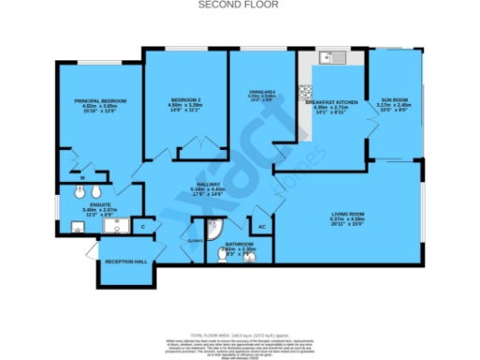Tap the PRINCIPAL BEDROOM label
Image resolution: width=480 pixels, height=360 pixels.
(99, 100)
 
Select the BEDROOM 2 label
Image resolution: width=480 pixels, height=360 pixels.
(187, 99)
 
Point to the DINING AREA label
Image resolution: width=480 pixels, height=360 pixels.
(262, 91)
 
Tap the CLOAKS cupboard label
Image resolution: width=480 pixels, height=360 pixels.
(195, 240)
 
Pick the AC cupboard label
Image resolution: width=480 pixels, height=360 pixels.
(262, 226)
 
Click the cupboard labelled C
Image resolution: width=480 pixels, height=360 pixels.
(142, 226)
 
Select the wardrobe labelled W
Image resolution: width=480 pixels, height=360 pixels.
(82, 176)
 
